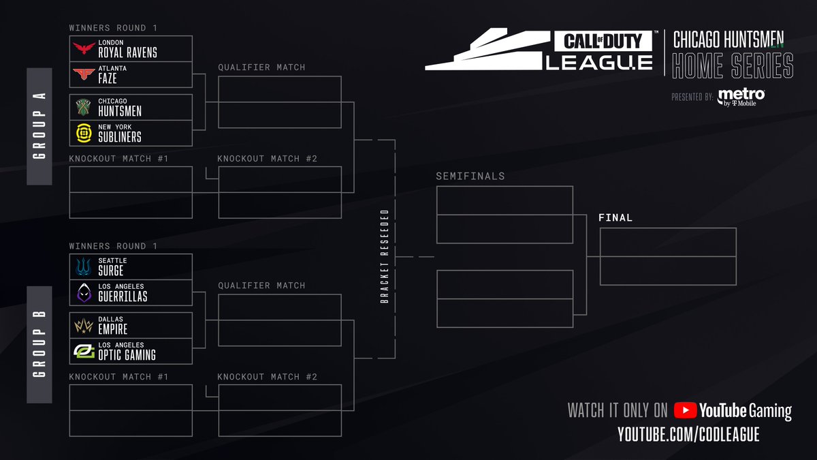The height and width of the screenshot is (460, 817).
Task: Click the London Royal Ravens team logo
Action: [x=85, y=48]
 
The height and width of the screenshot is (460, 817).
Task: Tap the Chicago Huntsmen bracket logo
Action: [x=84, y=107]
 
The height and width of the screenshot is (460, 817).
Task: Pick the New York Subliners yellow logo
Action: [x=84, y=133]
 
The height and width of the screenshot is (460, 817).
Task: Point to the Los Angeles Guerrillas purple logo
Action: [x=84, y=292]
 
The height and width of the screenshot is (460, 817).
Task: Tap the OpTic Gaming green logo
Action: [x=84, y=351]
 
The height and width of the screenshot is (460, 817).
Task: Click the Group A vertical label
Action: [x=39, y=126]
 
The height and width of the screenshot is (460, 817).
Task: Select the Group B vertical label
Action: [x=39, y=344]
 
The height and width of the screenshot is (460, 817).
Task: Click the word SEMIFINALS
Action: [x=470, y=176]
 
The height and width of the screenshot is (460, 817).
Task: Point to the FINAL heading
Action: [x=615, y=218]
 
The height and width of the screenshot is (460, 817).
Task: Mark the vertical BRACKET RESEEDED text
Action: [x=385, y=256]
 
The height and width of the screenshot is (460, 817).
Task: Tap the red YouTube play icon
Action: [x=685, y=410]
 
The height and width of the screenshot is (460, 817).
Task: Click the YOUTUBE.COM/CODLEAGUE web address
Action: [x=688, y=435]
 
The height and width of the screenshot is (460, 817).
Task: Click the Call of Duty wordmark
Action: [x=603, y=42]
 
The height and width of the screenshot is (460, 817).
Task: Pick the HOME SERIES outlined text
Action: [x=733, y=66]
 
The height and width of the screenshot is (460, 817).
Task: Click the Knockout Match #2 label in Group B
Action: [x=267, y=377]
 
